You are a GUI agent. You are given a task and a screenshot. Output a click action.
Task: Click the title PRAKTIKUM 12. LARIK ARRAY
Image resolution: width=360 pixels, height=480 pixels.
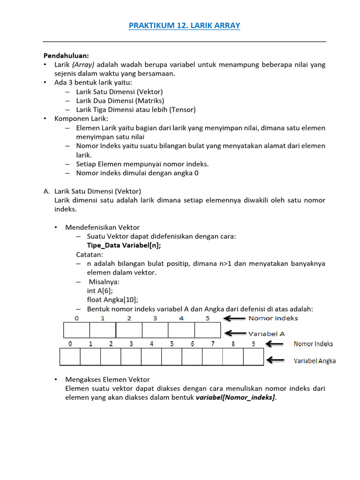(x=184, y=26)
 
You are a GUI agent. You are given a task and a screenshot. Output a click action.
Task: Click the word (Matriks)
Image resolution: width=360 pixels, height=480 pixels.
(x=150, y=101)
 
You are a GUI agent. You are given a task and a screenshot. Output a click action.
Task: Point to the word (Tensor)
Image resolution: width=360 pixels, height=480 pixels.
(x=180, y=110)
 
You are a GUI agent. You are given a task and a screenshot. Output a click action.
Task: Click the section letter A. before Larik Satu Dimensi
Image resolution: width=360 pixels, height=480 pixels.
(x=46, y=191)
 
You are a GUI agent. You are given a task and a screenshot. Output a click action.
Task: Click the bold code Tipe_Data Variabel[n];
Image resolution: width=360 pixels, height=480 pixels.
(x=127, y=246)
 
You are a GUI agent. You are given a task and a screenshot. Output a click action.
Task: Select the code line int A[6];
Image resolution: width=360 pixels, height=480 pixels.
(x=99, y=291)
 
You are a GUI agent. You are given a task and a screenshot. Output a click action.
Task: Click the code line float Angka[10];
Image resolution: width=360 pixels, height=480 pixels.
(x=112, y=300)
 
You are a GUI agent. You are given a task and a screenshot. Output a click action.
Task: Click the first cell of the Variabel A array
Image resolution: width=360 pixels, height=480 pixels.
(x=76, y=330)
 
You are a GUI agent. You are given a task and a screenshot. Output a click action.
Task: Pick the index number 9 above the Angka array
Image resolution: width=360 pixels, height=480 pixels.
(x=254, y=344)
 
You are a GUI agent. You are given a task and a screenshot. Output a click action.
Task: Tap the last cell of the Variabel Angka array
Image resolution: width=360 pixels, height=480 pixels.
(x=254, y=357)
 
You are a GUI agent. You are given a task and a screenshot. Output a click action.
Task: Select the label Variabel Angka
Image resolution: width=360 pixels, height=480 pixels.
(x=315, y=361)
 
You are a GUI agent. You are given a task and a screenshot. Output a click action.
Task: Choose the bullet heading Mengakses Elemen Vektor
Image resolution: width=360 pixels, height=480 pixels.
(x=107, y=379)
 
